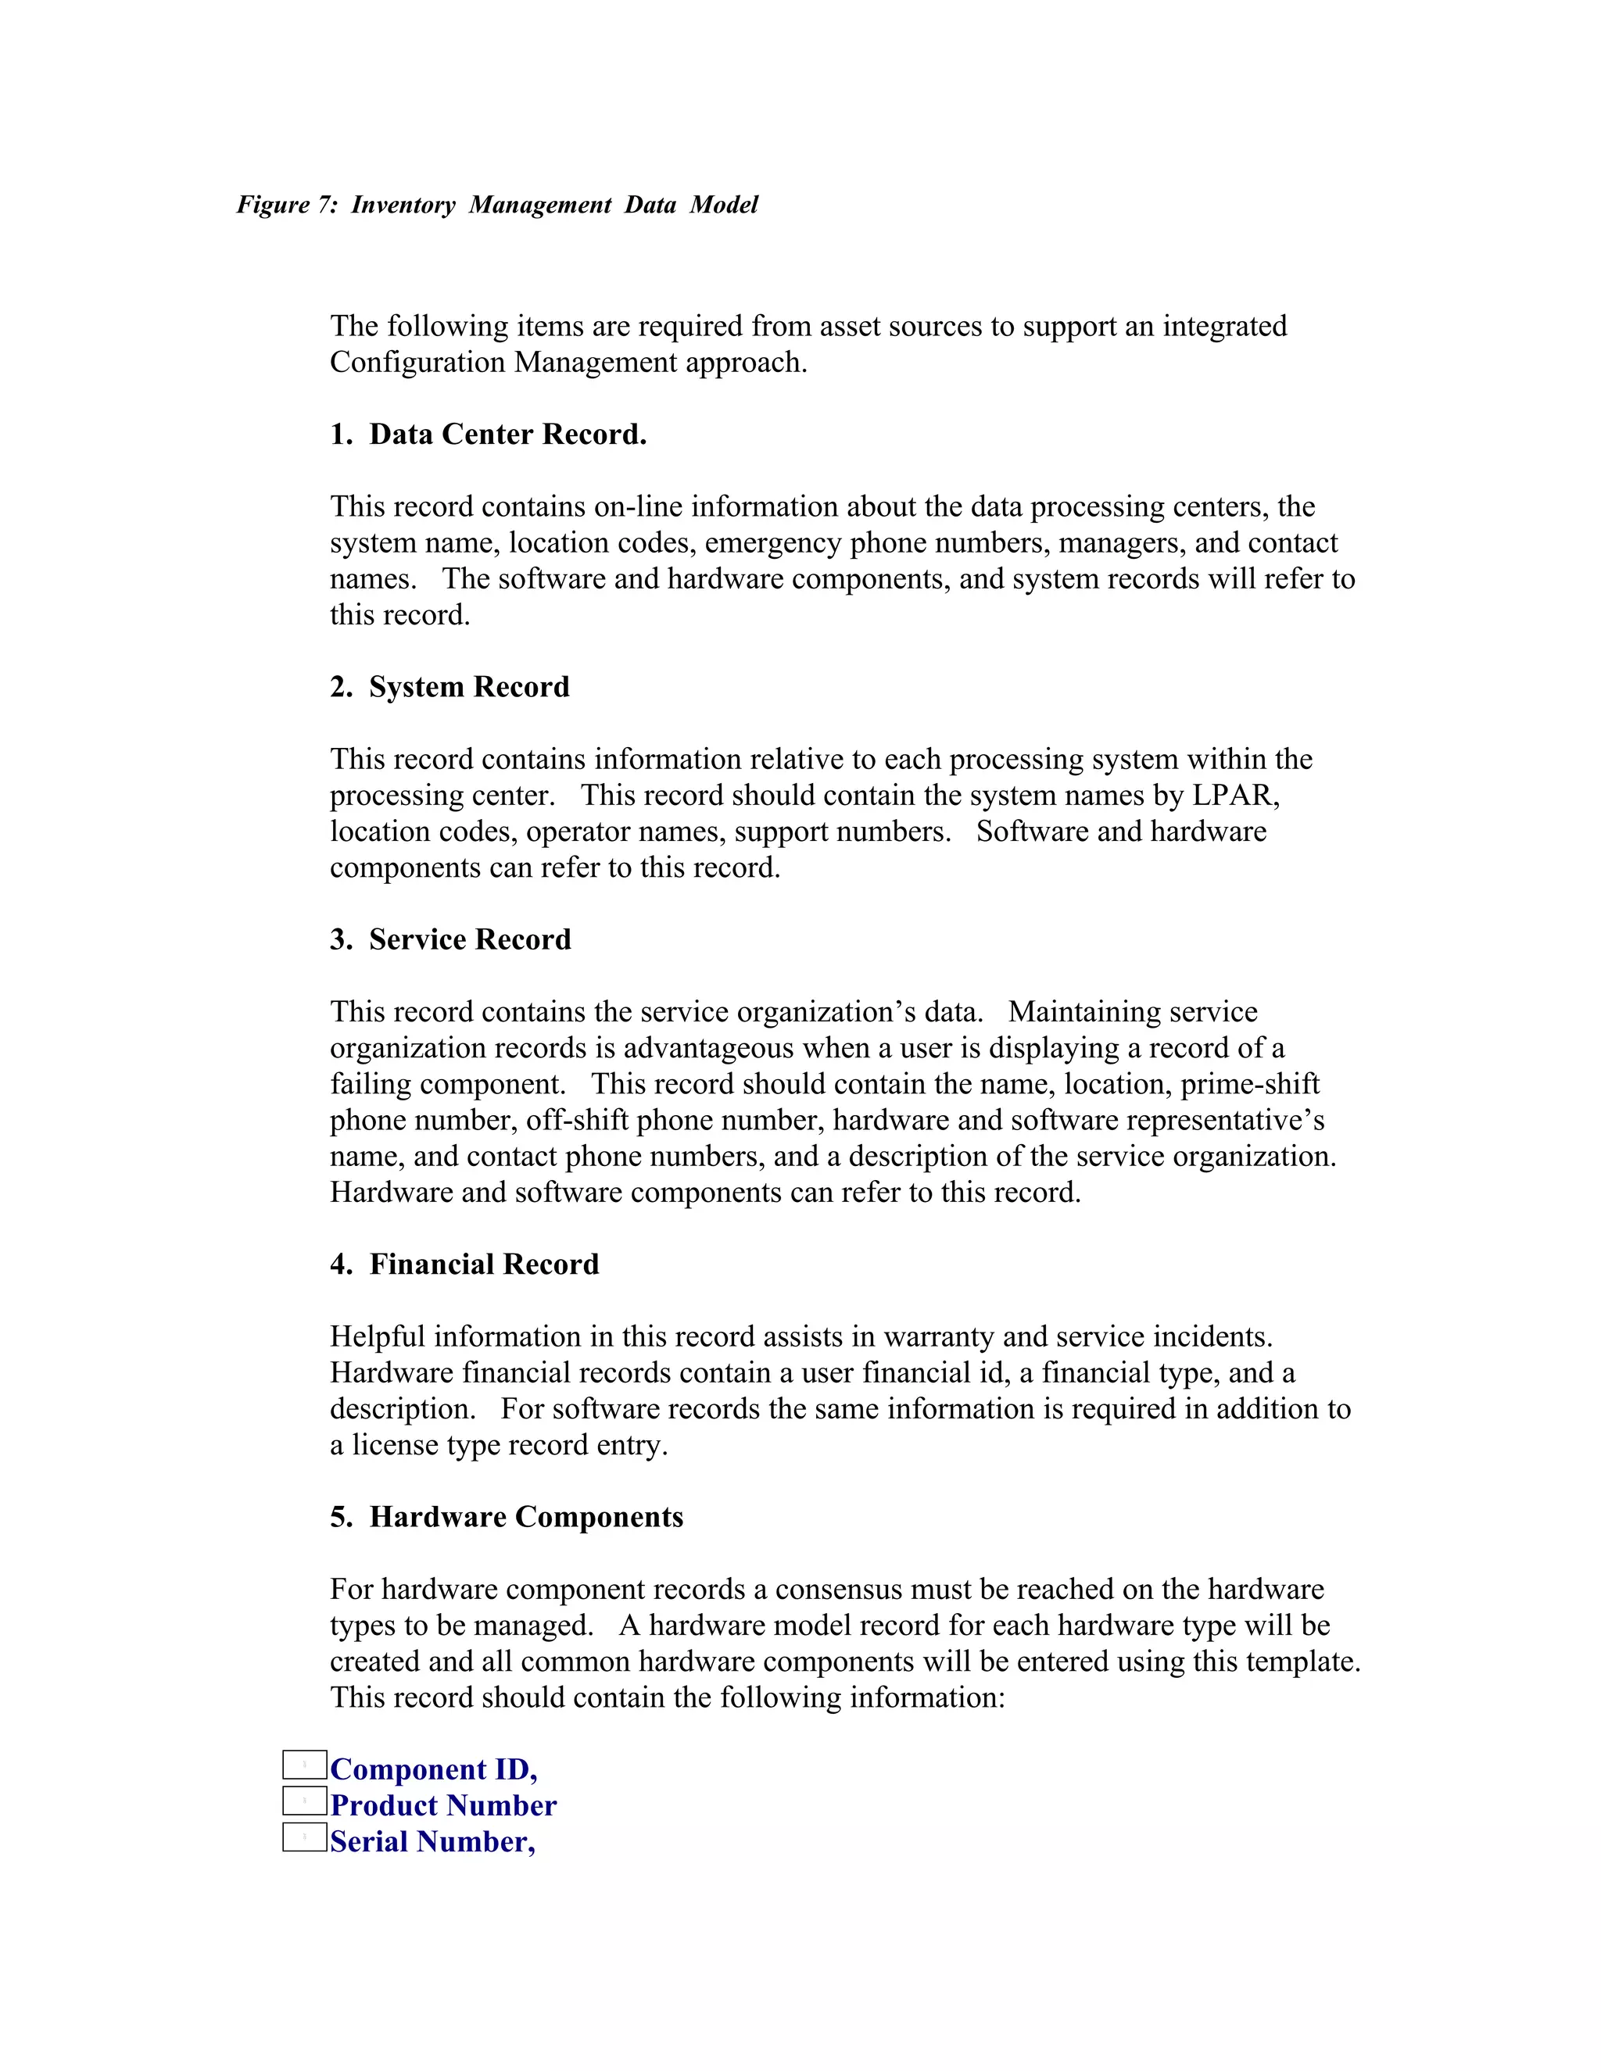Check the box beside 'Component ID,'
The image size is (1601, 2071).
click(304, 1765)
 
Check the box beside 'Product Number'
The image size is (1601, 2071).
click(304, 1801)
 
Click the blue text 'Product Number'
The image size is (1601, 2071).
click(443, 1805)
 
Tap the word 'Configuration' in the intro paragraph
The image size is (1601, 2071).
click(418, 363)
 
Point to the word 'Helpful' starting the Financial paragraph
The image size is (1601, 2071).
click(378, 1336)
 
